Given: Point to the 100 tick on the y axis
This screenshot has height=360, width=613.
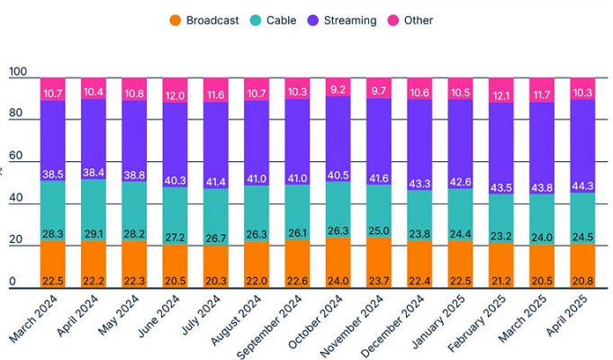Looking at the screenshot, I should [x=17, y=72].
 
